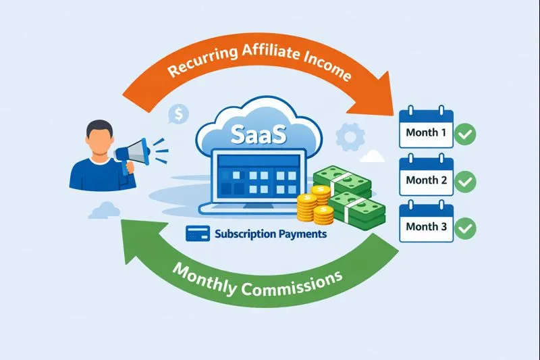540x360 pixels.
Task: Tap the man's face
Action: pos(101,138)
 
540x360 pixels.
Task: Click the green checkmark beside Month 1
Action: pos(465,134)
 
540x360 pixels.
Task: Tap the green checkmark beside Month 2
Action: pos(465,181)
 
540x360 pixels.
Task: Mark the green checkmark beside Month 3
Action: pos(465,228)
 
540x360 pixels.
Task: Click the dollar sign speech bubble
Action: pos(179,115)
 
